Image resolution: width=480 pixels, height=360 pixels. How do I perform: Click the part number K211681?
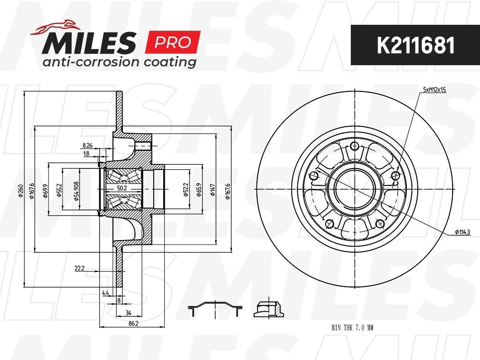click(415, 46)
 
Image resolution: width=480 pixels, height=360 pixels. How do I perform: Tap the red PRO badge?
click(173, 42)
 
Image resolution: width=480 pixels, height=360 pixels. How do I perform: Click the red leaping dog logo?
click(55, 27)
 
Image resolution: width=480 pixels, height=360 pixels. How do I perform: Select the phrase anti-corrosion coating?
click(119, 62)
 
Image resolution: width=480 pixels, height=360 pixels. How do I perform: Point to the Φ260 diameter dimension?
click(21, 191)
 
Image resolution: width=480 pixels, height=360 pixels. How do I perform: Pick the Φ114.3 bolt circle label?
click(462, 232)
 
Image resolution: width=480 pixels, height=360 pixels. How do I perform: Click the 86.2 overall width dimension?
click(133, 323)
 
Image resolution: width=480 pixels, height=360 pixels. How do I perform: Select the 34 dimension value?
click(128, 313)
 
